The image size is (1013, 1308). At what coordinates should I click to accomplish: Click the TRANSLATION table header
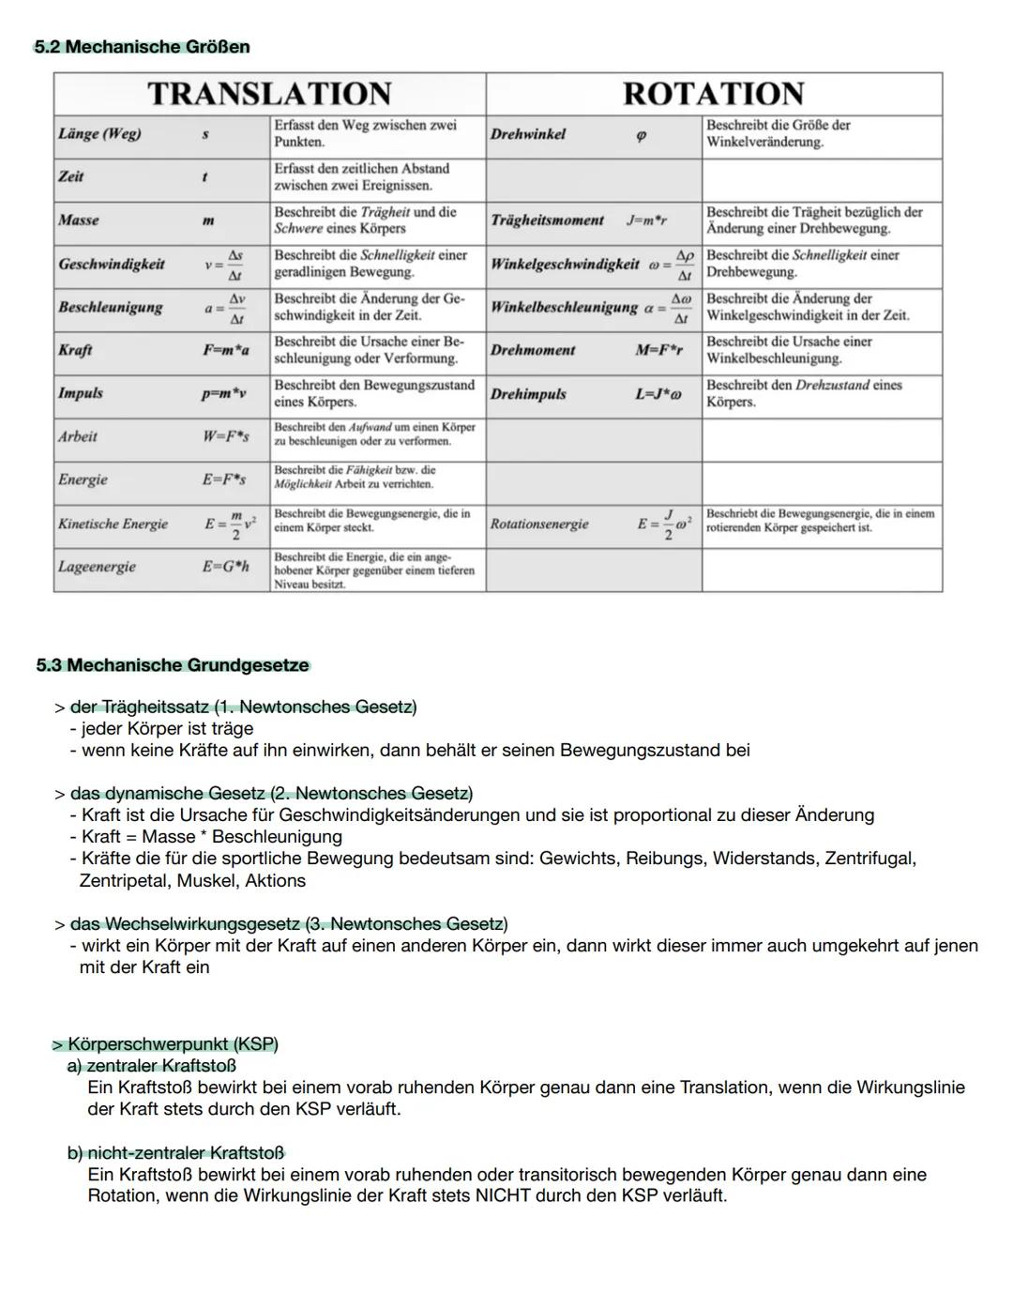click(269, 94)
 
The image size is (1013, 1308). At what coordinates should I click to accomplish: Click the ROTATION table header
click(713, 94)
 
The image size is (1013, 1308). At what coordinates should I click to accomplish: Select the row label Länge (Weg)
click(99, 134)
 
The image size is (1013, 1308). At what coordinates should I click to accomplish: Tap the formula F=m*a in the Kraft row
click(226, 350)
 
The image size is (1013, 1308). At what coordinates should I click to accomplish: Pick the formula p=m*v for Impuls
click(223, 393)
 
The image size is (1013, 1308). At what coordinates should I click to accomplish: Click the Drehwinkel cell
click(528, 134)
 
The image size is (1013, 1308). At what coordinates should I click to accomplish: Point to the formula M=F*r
click(658, 350)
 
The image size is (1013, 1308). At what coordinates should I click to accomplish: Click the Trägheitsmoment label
click(547, 221)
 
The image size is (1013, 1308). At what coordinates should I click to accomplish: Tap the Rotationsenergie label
click(539, 524)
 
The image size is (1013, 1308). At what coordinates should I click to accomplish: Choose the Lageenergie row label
click(97, 567)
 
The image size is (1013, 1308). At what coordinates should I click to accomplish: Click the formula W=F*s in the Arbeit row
click(225, 436)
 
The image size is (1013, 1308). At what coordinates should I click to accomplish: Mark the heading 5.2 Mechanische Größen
click(142, 47)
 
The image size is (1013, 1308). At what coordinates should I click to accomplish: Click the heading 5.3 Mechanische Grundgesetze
click(173, 665)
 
